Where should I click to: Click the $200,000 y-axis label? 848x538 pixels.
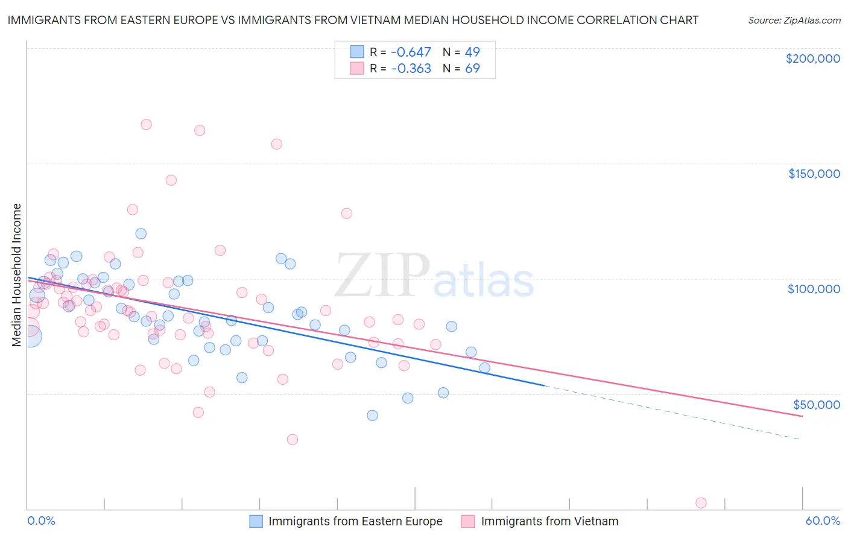(812, 59)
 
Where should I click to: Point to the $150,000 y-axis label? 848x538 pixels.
(814, 174)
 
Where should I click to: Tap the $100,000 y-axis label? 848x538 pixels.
(814, 289)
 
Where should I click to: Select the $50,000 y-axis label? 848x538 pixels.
(816, 404)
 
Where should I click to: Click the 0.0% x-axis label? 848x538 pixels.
(42, 521)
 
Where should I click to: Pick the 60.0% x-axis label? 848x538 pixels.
(823, 521)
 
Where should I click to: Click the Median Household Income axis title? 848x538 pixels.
(17, 275)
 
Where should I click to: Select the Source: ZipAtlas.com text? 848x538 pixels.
(794, 21)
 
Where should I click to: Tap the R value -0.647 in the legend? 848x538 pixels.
(411, 52)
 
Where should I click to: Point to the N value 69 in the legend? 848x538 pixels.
(472, 69)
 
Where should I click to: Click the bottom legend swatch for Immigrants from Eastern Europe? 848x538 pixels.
(256, 521)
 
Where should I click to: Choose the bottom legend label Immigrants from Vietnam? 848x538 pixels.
(549, 521)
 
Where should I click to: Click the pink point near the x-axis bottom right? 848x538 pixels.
(701, 503)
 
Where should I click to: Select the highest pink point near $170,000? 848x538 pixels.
(146, 124)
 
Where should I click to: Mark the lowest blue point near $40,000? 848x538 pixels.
(372, 416)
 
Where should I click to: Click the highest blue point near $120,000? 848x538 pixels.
(141, 233)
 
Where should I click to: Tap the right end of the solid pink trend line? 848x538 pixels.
(802, 416)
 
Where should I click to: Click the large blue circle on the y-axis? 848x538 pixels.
(31, 336)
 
